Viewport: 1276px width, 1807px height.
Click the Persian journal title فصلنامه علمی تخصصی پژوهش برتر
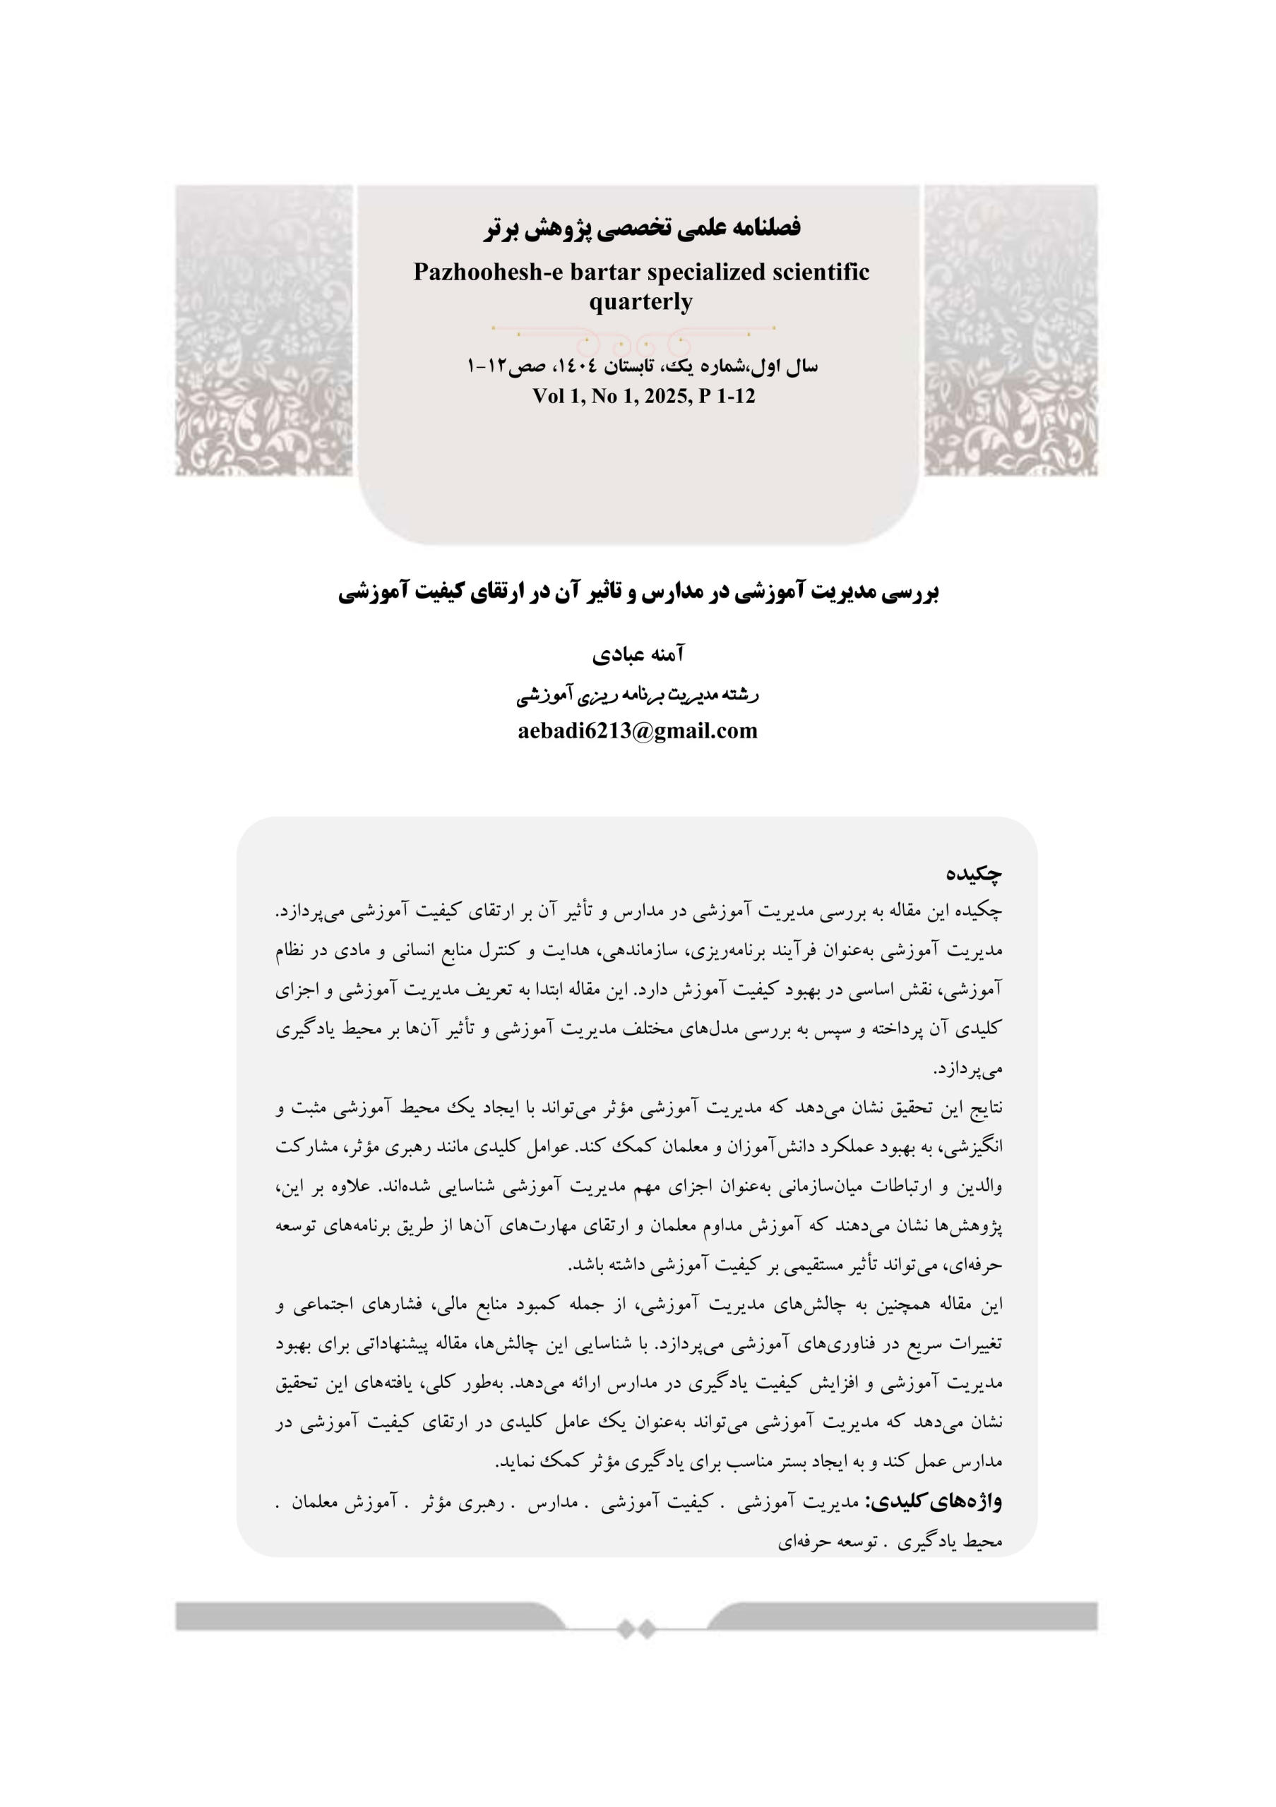pos(642,228)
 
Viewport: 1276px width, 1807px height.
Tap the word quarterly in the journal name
pos(640,301)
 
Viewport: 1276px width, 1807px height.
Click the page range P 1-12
pos(727,397)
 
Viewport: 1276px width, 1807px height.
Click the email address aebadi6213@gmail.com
pos(638,731)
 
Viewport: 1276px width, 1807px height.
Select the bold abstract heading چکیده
pos(974,873)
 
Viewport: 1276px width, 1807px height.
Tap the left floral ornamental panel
pos(263,330)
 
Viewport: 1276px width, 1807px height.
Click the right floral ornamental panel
pos(1010,330)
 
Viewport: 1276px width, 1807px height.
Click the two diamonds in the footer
pos(636,1628)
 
